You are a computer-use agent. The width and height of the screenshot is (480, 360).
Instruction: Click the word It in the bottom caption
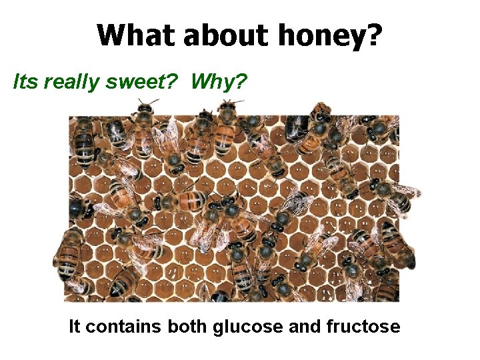click(75, 327)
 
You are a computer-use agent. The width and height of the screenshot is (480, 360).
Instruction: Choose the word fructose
click(364, 327)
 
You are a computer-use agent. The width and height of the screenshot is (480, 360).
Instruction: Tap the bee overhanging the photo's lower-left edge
click(67, 260)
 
